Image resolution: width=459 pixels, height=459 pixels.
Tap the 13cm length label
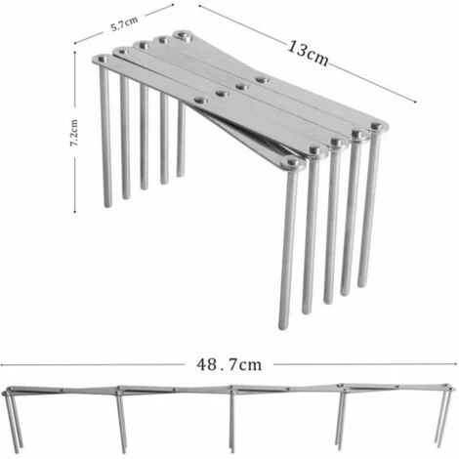click(x=308, y=48)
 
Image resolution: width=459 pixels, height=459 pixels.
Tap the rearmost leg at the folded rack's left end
click(x=181, y=107)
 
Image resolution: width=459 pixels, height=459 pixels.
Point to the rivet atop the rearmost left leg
click(x=182, y=35)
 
